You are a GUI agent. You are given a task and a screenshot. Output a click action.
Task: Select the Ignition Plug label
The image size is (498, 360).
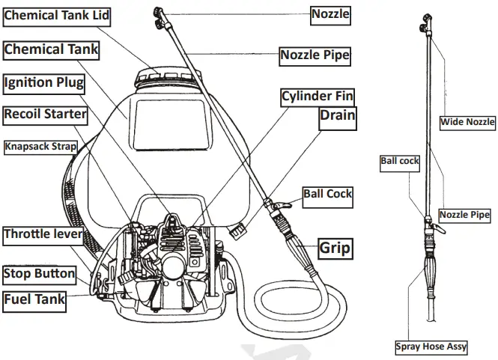[43, 82]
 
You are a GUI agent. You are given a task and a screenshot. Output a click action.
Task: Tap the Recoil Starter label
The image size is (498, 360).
[46, 115]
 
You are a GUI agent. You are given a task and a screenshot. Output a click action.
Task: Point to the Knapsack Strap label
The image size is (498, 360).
[40, 146]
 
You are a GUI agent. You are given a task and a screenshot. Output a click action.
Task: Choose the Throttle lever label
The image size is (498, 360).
[43, 234]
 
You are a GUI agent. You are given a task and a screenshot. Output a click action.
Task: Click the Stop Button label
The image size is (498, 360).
[39, 273]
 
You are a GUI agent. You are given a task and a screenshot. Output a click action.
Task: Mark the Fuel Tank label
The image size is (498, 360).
[34, 301]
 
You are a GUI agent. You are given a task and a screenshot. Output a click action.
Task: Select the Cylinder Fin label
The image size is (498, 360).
[317, 96]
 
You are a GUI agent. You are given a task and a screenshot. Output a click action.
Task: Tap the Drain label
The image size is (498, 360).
[338, 115]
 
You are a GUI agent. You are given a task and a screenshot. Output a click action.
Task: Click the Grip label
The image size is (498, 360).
[335, 248]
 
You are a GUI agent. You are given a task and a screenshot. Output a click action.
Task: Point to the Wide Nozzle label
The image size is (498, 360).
[467, 121]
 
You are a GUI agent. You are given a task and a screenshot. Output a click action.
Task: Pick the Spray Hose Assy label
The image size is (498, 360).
[431, 347]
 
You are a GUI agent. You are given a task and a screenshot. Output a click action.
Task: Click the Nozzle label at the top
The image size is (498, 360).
[330, 13]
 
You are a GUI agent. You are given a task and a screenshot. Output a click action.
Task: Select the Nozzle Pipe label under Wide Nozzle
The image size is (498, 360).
[464, 215]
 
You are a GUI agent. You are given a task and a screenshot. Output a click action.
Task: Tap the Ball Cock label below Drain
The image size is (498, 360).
[327, 194]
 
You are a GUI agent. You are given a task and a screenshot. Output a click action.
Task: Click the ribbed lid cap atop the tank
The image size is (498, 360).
[161, 73]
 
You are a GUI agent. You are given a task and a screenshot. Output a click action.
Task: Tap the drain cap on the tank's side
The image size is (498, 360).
[237, 233]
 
